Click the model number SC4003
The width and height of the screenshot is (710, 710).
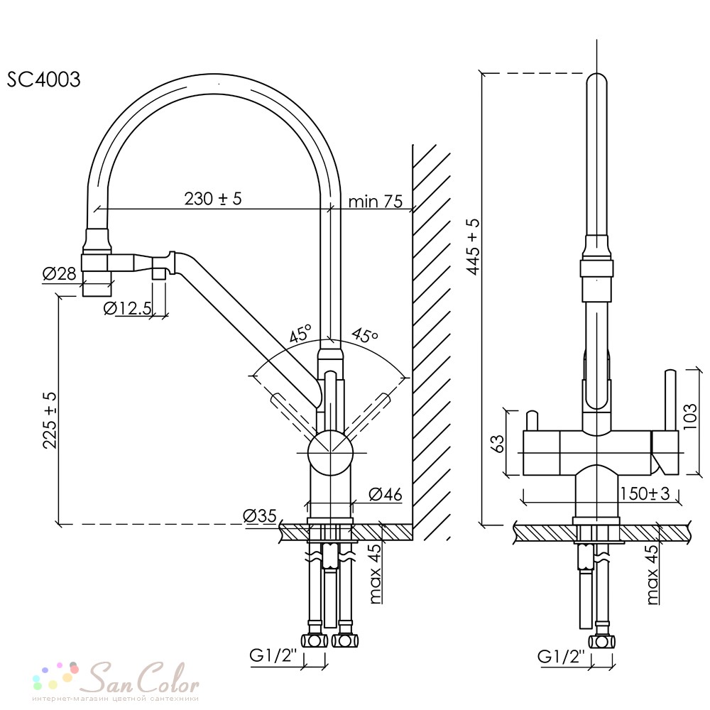(x=43, y=80)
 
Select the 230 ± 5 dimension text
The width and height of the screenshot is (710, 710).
(x=213, y=198)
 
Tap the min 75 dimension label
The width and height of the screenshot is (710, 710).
(x=376, y=201)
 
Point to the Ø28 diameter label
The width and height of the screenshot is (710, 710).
(x=60, y=273)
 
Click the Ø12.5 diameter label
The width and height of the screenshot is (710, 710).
(x=128, y=308)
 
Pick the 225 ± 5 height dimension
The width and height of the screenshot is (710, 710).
(x=50, y=420)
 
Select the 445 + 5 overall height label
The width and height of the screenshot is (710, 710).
(x=474, y=246)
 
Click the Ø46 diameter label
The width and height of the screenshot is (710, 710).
(x=386, y=494)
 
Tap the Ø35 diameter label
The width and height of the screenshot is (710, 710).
(x=259, y=515)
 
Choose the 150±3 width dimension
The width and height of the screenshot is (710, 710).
(x=645, y=493)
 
